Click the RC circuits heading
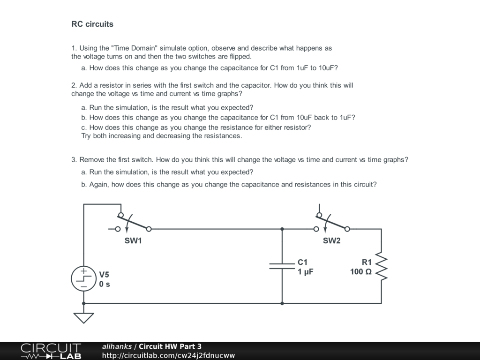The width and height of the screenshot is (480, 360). click(x=92, y=24)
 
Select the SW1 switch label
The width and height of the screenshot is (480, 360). click(x=133, y=241)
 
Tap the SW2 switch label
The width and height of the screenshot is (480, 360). click(x=331, y=241)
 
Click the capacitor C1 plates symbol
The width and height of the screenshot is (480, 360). click(x=282, y=266)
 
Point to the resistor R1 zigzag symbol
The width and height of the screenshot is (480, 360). click(x=381, y=267)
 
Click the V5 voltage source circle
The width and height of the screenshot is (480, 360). click(x=83, y=279)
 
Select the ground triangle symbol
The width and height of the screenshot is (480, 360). click(x=83, y=317)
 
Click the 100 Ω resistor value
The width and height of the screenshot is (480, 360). click(x=361, y=272)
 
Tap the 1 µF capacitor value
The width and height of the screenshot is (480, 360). click(x=305, y=272)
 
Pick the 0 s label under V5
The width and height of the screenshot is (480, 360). click(x=105, y=284)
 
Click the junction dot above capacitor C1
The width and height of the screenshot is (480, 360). click(x=282, y=229)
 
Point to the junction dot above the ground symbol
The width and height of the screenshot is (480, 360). click(x=83, y=303)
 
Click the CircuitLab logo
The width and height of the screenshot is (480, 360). click(x=51, y=351)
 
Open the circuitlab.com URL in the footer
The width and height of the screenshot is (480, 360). click(x=168, y=356)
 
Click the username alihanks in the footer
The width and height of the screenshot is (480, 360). click(x=117, y=346)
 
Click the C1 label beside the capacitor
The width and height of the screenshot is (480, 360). click(x=302, y=262)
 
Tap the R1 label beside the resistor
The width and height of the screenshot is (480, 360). click(x=367, y=262)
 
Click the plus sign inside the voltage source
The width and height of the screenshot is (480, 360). click(x=83, y=271)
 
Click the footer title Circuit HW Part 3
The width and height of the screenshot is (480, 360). click(x=170, y=346)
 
